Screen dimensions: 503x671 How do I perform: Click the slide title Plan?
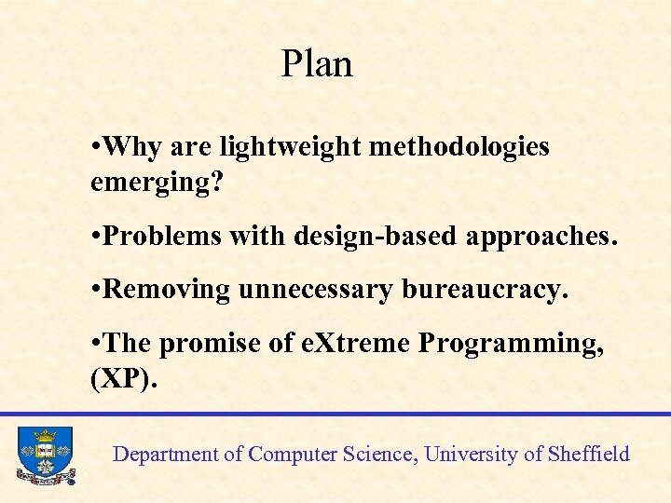[x=317, y=64]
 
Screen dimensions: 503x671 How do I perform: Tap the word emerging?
[x=157, y=182]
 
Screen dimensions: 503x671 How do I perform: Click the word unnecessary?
[x=315, y=290]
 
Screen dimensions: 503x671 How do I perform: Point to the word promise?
[x=212, y=344]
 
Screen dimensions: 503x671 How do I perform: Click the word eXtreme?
[x=355, y=344]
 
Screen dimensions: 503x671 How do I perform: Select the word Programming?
[x=511, y=344]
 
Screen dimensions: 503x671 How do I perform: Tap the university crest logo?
[x=45, y=455]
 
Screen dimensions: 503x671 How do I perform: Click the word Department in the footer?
[x=165, y=455]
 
